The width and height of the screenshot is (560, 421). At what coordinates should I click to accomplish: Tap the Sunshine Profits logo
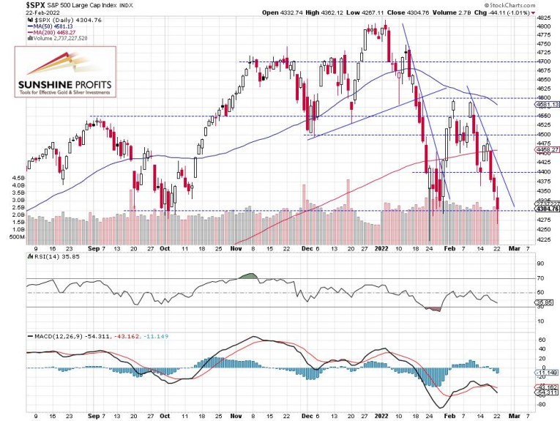(64, 74)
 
